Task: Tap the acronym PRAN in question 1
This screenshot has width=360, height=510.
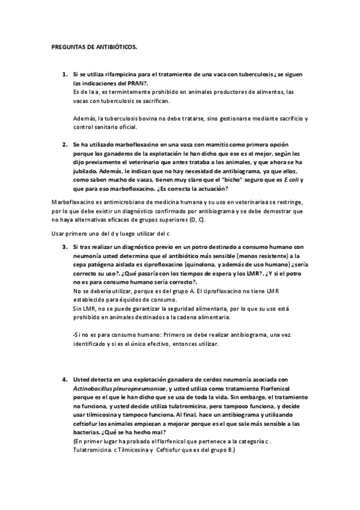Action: click(x=136, y=83)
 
